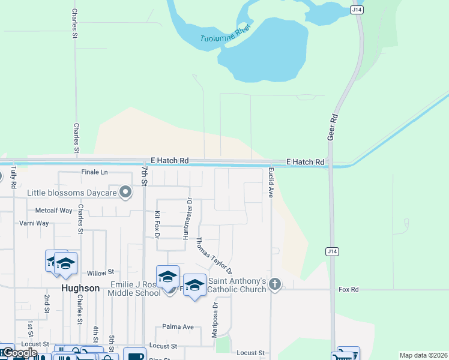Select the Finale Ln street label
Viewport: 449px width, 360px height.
click(x=94, y=172)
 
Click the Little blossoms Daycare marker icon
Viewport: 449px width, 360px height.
click(x=125, y=193)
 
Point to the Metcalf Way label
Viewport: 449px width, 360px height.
click(x=53, y=211)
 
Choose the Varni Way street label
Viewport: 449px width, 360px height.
click(x=34, y=223)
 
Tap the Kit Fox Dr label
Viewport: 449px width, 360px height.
click(x=157, y=225)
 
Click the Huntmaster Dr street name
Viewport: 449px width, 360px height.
click(x=187, y=218)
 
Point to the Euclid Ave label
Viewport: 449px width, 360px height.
click(x=271, y=183)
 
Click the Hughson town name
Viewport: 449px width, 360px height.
click(x=80, y=288)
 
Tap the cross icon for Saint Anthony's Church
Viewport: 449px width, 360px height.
click(x=275, y=284)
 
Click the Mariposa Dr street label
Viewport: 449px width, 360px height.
click(x=215, y=320)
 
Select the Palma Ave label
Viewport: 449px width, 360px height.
click(x=178, y=327)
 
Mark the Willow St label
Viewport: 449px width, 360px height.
click(x=100, y=272)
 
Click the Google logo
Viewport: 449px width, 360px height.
click(x=20, y=353)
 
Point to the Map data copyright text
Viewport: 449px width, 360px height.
click(x=423, y=355)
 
